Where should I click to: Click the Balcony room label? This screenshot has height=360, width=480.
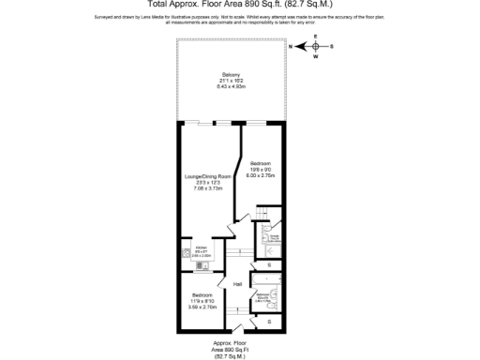(231, 75)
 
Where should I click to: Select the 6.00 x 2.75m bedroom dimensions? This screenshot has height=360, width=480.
(259, 175)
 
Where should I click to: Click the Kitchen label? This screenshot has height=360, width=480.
(202, 247)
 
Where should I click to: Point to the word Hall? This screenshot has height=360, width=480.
(237, 284)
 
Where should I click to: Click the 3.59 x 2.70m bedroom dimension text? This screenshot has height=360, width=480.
(203, 307)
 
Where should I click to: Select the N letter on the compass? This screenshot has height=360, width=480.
(291, 45)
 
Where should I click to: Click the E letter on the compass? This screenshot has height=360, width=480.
(316, 37)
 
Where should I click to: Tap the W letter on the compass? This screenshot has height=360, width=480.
(316, 55)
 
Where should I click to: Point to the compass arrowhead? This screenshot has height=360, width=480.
(302, 45)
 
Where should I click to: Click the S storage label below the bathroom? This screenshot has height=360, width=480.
(270, 322)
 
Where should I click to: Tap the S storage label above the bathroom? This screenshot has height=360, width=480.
(270, 265)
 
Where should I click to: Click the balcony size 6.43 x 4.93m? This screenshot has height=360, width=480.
(231, 86)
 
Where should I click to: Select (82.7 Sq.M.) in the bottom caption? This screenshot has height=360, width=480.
(231, 356)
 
